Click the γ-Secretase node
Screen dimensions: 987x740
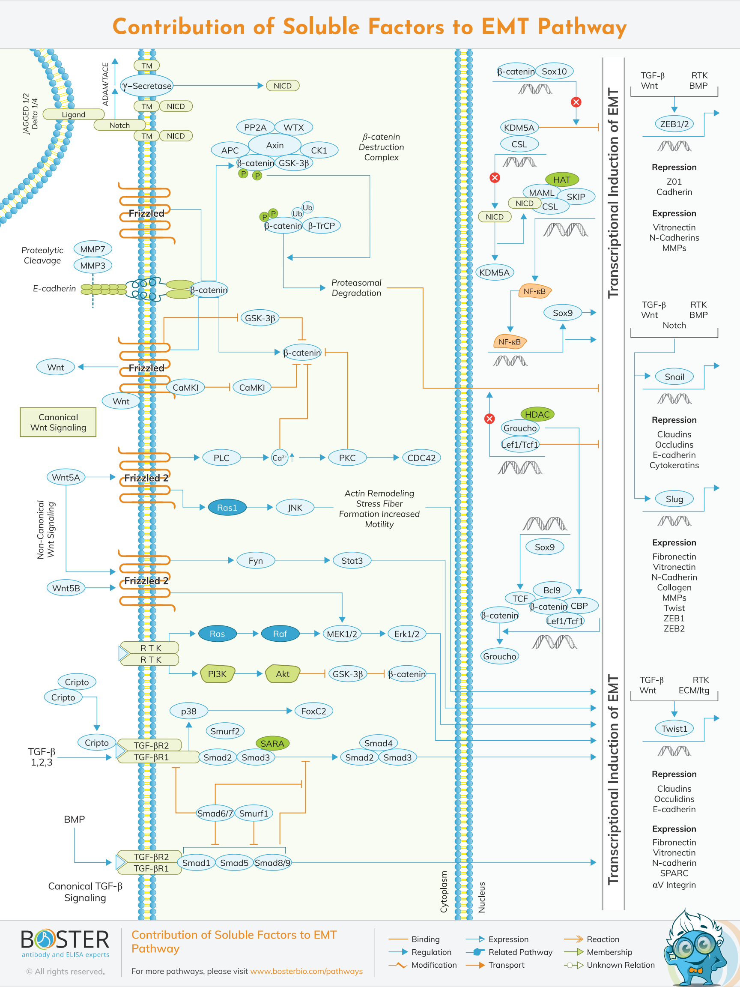(x=147, y=86)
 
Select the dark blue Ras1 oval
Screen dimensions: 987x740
(x=227, y=507)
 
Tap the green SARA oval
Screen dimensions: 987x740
(x=272, y=743)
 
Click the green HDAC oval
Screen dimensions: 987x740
(x=537, y=414)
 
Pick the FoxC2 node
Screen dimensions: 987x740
(x=313, y=711)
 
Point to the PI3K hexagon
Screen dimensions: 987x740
(x=217, y=674)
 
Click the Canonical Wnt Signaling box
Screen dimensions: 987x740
(x=58, y=422)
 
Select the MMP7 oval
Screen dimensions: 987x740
(x=93, y=249)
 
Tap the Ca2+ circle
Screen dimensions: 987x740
(x=280, y=458)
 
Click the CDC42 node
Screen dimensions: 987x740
(x=421, y=458)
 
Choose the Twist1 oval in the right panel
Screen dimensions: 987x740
(x=674, y=729)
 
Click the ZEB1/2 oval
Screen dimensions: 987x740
(x=674, y=124)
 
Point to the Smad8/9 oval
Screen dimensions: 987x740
(x=272, y=862)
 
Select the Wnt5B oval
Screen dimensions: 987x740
(x=66, y=588)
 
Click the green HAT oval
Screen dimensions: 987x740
(x=561, y=179)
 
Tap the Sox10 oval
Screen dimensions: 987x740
(x=554, y=72)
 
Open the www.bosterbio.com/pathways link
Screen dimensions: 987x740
(x=306, y=971)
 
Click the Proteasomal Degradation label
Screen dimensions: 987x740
(x=356, y=288)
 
